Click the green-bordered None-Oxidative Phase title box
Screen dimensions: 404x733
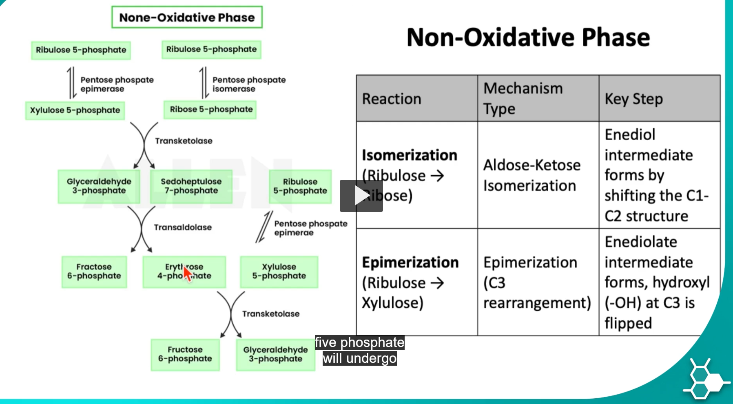pyautogui.click(x=187, y=17)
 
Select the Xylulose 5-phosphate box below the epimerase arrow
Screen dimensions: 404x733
pyautogui.click(x=75, y=110)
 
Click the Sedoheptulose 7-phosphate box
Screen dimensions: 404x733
pyautogui.click(x=191, y=186)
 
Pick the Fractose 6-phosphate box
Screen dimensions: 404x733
pyautogui.click(x=94, y=272)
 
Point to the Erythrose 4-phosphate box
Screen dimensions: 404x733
pyautogui.click(x=184, y=272)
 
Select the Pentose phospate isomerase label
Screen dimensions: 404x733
pyautogui.click(x=248, y=84)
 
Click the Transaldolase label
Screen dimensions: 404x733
pyautogui.click(x=182, y=227)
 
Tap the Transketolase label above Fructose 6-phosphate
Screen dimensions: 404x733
pyautogui.click(x=270, y=314)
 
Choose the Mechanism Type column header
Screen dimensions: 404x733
pyautogui.click(x=523, y=98)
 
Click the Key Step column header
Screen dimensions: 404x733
pyautogui.click(x=633, y=99)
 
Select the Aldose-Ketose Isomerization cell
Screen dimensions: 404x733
pyautogui.click(x=531, y=175)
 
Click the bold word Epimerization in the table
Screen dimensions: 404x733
pyautogui.click(x=410, y=263)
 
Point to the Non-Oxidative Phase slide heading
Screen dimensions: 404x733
pyautogui.click(x=528, y=38)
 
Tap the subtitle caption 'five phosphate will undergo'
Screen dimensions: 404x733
pyautogui.click(x=359, y=350)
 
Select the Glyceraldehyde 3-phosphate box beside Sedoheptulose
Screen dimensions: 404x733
pyautogui.click(x=99, y=186)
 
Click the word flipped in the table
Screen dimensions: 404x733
pyautogui.click(x=628, y=323)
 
